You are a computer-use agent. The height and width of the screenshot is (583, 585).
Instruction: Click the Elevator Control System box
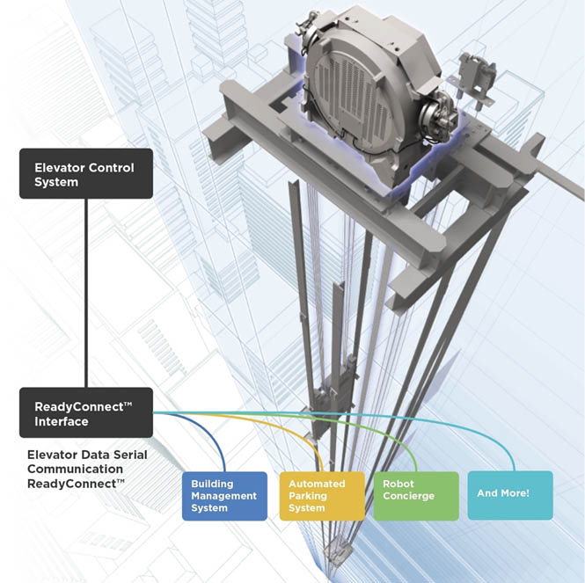[x=86, y=173]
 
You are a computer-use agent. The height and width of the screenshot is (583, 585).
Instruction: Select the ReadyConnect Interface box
[x=86, y=412]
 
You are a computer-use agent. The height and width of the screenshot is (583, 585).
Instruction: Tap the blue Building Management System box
[x=224, y=496]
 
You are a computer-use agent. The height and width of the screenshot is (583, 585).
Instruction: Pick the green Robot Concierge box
[x=415, y=496]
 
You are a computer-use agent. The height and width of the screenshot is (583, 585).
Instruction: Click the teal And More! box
[x=510, y=494]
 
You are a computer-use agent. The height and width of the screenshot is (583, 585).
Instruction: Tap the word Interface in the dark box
[x=62, y=421]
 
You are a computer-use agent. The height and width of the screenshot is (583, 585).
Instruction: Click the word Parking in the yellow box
[x=310, y=496]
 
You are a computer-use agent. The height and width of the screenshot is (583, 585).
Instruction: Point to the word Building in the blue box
[x=214, y=485]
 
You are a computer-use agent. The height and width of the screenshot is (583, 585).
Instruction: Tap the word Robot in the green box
[x=399, y=485]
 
